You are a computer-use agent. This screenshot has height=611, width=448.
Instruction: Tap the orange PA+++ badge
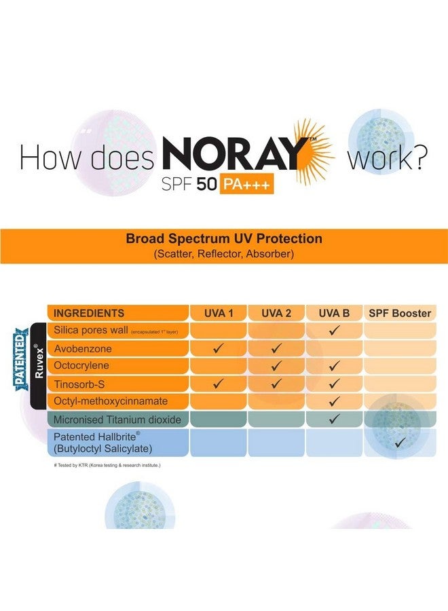pos(246,185)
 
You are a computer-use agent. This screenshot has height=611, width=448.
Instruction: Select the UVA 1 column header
pos(219,313)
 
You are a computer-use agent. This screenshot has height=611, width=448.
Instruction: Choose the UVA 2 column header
pos(276,313)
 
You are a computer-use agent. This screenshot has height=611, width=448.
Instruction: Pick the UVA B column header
pos(334,313)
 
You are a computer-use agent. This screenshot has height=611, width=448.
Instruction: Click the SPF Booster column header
pos(399,313)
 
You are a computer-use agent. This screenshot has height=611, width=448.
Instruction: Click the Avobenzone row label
pos(83,348)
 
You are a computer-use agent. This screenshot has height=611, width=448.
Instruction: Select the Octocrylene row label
pos(82,366)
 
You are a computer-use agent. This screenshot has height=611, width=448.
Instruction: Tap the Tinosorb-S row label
pos(79,384)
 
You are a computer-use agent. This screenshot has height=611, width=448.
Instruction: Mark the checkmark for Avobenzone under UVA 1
pos(219,349)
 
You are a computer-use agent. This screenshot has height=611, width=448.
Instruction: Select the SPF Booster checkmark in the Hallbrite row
pos(400,443)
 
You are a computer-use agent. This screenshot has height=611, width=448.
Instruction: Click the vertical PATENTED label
pos(21,358)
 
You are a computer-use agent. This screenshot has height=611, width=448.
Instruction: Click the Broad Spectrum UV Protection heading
pos(224,239)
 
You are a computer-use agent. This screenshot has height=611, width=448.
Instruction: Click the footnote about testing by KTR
pos(107,465)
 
